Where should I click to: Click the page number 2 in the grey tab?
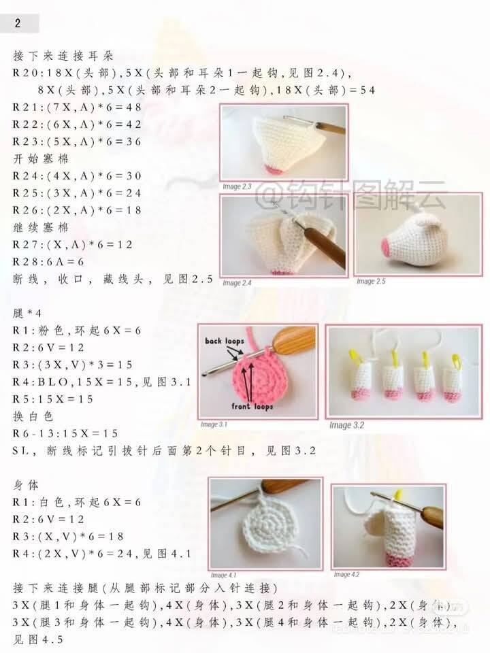tap(18, 23)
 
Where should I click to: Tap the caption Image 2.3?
tap(237, 186)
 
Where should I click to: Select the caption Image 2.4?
tap(237, 283)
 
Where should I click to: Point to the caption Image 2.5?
tap(371, 282)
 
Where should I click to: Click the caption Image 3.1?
tap(214, 424)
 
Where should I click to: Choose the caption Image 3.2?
tap(346, 425)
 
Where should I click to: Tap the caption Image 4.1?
tap(223, 575)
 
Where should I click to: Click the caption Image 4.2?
tap(346, 574)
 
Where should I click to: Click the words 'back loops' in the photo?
tap(224, 341)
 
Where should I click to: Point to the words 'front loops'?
tap(252, 406)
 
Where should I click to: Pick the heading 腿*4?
tap(27, 313)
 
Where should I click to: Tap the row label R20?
tap(24, 73)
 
